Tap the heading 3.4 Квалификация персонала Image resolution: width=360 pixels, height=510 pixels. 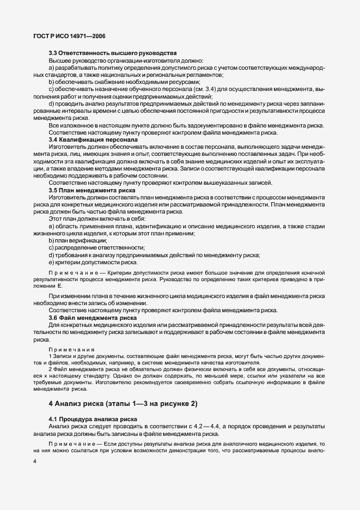coord(93,140)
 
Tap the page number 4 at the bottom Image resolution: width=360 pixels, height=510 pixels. coord(34,462)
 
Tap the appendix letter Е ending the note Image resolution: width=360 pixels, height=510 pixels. coord(60,286)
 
